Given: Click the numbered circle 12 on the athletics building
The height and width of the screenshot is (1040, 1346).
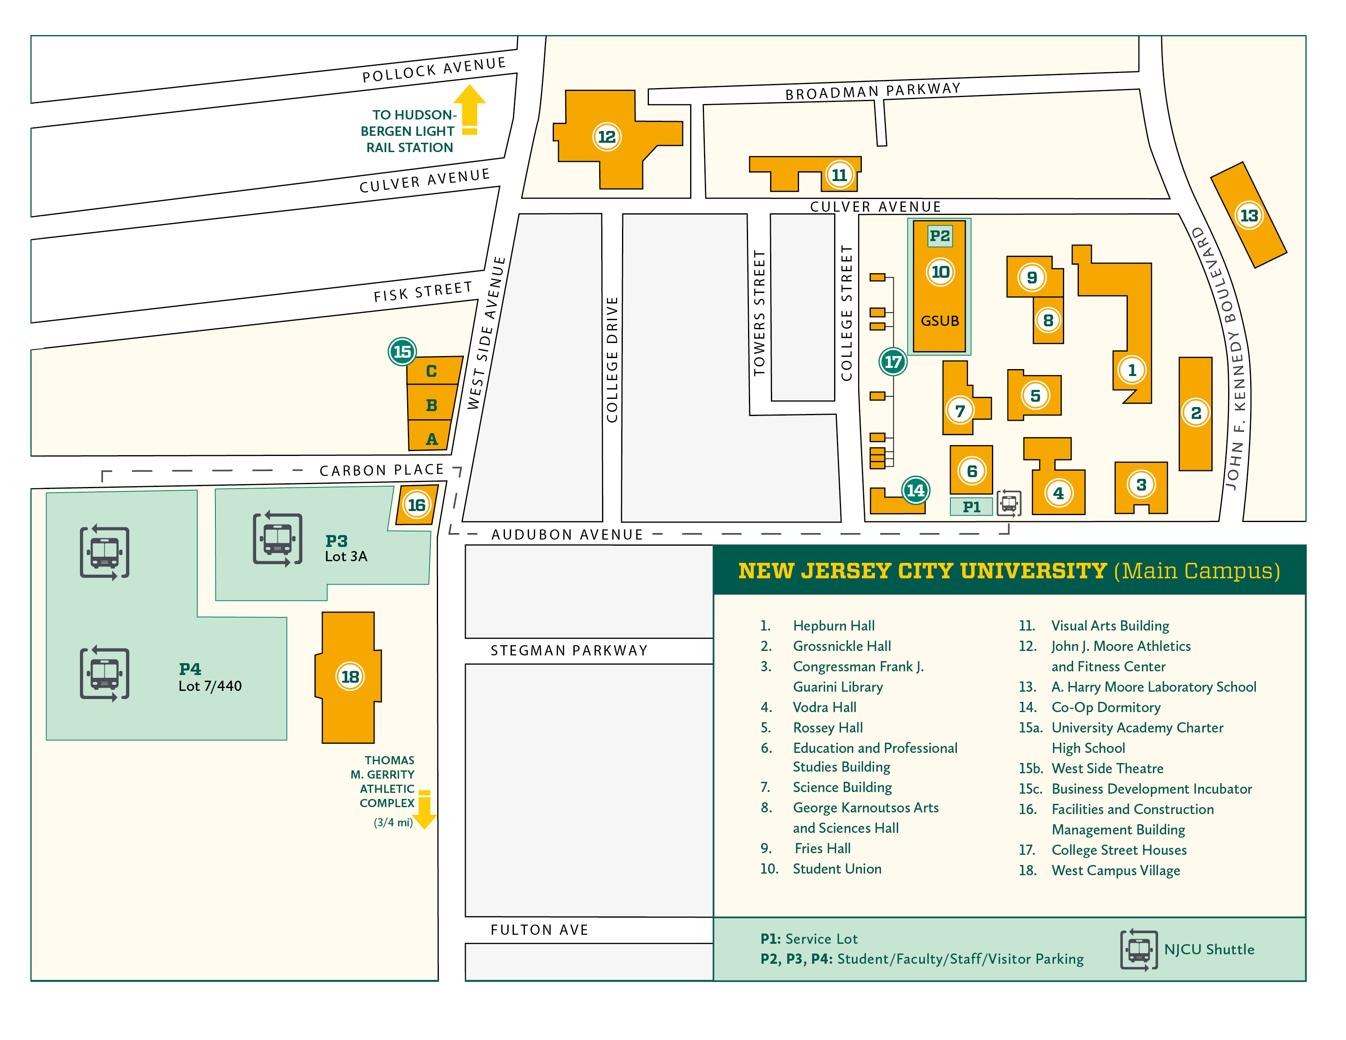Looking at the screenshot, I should (x=607, y=137).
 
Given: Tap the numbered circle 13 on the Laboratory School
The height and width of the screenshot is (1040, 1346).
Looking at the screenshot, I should (x=1249, y=216).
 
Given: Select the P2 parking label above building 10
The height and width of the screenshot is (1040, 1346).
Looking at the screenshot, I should (x=939, y=235).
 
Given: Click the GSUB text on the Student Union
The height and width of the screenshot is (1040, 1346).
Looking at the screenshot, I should (x=939, y=321).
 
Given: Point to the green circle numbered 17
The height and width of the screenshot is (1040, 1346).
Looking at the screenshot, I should (x=892, y=362).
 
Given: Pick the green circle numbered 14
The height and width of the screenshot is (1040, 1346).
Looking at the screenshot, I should (x=915, y=490).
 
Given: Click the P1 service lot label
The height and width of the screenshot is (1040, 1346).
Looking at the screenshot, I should (x=971, y=507).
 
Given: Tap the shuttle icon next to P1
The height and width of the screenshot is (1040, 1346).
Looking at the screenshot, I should (x=1009, y=503).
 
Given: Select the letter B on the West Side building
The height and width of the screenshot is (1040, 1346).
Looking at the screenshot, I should (x=432, y=405).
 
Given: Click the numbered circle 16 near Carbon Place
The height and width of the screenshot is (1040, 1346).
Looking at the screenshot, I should (x=416, y=505).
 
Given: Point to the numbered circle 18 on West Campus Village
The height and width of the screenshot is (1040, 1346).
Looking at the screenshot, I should (x=350, y=677).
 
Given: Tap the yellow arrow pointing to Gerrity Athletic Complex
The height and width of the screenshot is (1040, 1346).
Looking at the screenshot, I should (x=424, y=810).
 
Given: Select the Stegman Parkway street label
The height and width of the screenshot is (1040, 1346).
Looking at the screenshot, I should (x=568, y=651).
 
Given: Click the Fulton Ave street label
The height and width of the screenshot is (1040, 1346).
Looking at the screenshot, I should (x=539, y=930).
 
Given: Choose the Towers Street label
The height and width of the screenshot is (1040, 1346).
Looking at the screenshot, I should (x=759, y=312).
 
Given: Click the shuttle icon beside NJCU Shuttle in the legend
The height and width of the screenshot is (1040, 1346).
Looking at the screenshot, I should (x=1139, y=950).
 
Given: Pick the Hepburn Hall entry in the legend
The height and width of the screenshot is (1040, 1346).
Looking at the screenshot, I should (x=833, y=626).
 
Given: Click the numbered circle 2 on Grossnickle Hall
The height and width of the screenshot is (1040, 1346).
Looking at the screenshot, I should (x=1195, y=413).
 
